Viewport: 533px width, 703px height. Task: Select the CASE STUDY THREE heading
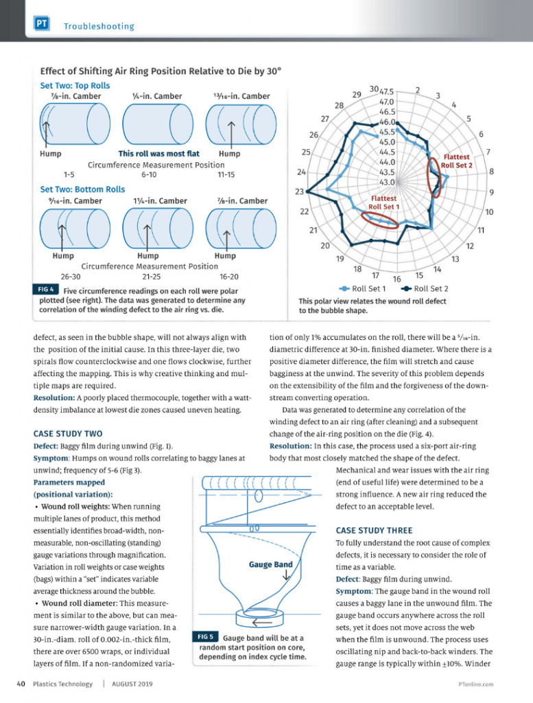pyautogui.click(x=374, y=530)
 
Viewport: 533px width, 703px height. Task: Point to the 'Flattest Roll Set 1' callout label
pyautogui.click(x=384, y=203)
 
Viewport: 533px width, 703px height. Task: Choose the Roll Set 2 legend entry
pyautogui.click(x=425, y=288)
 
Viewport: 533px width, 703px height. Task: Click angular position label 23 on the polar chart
pyautogui.click(x=299, y=192)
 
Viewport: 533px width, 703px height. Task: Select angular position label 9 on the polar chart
pyautogui.click(x=492, y=192)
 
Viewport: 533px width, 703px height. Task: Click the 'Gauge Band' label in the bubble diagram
pyautogui.click(x=270, y=564)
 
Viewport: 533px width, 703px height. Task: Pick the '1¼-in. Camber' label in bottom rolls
pyautogui.click(x=161, y=201)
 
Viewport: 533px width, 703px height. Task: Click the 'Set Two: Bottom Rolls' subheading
pyautogui.click(x=82, y=189)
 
